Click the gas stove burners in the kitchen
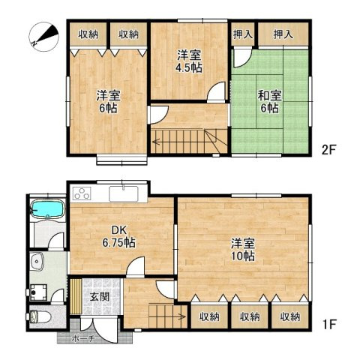[x=82, y=193]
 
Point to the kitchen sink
[x=122, y=193]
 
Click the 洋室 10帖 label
[x=242, y=250]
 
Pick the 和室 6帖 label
[x=270, y=102]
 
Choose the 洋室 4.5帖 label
[x=189, y=61]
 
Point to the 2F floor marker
[x=328, y=149]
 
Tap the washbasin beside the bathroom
[x=39, y=262]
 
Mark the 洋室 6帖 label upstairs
[x=106, y=102]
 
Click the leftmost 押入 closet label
[x=243, y=34]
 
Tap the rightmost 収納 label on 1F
[x=290, y=317]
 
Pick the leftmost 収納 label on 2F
[x=88, y=34]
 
